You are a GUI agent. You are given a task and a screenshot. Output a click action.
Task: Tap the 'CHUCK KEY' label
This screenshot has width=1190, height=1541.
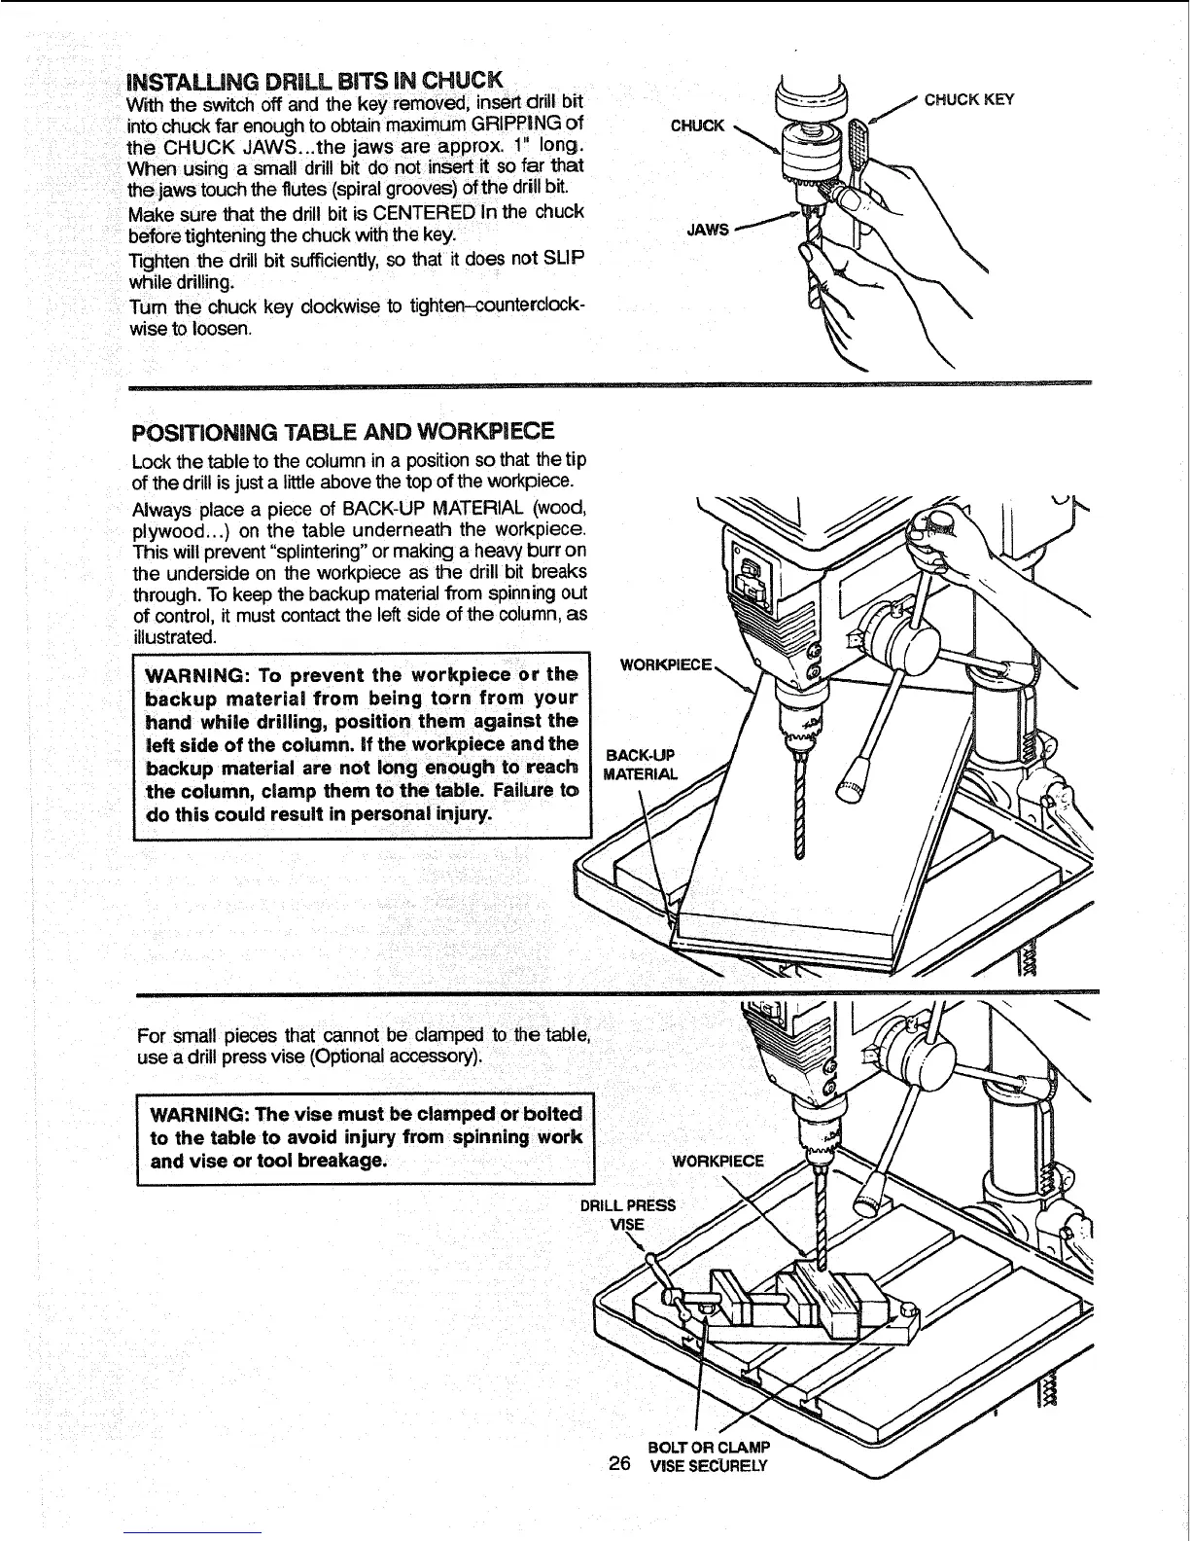968,99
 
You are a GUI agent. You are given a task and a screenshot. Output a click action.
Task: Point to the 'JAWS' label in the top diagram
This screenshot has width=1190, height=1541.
709,230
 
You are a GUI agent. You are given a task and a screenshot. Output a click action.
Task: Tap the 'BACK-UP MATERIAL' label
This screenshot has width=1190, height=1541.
640,765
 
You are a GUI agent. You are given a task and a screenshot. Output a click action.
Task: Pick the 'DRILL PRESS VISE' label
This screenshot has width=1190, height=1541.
628,1213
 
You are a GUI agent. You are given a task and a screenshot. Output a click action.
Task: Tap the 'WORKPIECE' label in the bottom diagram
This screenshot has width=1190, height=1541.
718,1160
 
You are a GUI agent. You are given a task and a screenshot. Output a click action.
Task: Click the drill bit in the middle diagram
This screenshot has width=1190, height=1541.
799,807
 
